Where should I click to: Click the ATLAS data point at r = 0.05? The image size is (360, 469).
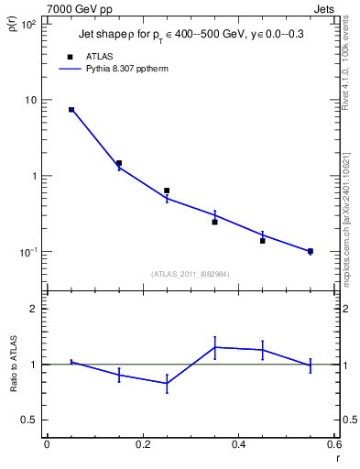pos(71,110)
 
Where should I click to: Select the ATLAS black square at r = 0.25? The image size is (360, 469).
pos(167,191)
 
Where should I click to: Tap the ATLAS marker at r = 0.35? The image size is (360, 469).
pos(214,222)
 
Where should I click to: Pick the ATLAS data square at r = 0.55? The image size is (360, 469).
pos(311,251)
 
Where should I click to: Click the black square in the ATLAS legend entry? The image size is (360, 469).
pos(71,56)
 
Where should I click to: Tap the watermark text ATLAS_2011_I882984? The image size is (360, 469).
pos(190,274)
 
